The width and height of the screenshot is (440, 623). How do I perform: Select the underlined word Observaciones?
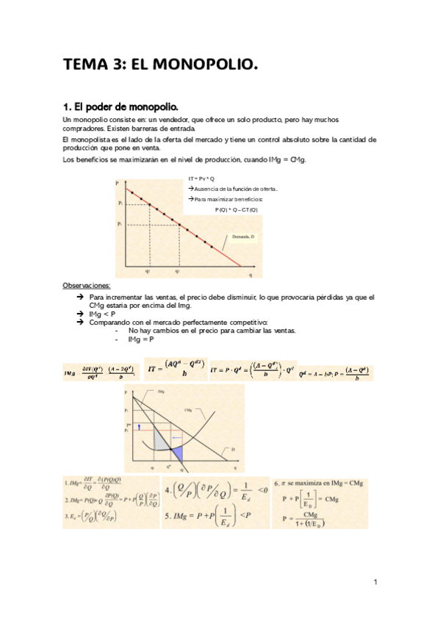click(x=87, y=285)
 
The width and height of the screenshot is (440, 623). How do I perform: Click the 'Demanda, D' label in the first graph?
click(x=243, y=237)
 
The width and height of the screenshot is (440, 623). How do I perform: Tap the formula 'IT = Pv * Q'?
click(x=201, y=179)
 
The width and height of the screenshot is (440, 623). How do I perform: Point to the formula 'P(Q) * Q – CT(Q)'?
click(x=237, y=210)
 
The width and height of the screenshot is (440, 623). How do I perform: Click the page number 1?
click(x=375, y=583)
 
